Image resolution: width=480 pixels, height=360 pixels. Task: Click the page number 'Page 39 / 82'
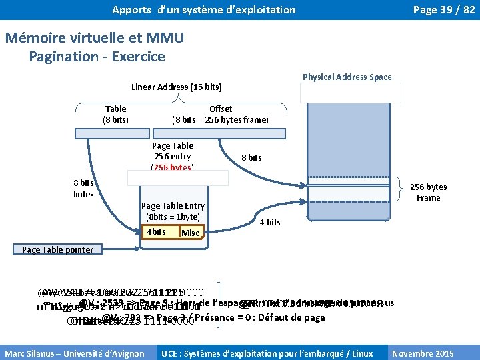point(444,10)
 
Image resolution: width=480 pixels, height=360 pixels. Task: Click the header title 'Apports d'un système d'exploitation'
point(204,10)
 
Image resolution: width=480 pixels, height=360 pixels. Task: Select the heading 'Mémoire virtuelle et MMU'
point(94,38)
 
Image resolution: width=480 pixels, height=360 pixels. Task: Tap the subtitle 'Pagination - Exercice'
point(97,57)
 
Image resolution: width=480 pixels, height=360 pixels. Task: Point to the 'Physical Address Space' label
point(347,77)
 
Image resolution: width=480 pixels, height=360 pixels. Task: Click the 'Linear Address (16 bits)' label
point(177,87)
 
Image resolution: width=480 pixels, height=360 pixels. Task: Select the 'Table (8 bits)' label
point(116,114)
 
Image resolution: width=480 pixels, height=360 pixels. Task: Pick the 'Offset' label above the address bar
point(221,109)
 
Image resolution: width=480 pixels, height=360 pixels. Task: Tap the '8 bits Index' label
point(83,188)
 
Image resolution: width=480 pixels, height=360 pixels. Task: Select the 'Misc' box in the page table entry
point(190,232)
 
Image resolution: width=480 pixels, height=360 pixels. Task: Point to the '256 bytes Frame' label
point(428,193)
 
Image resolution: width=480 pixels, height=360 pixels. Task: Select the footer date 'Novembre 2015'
point(432,353)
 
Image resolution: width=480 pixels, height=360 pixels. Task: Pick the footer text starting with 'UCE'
point(271,353)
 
